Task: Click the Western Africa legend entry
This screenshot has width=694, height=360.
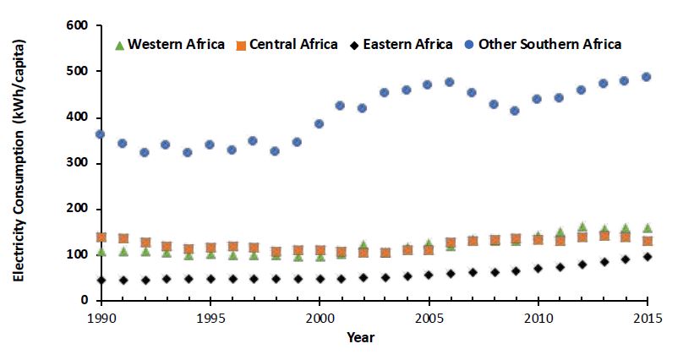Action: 169,43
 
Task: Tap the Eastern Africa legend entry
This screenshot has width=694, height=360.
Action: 402,43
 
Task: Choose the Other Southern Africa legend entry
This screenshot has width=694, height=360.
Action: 542,43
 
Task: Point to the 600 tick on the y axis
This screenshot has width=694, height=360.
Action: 79,26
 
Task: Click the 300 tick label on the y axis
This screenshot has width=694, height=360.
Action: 79,163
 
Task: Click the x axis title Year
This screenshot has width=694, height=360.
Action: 361,336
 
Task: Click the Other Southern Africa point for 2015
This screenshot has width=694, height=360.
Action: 647,77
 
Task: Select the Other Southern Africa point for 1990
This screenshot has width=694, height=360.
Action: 101,134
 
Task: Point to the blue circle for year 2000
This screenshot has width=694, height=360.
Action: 320,123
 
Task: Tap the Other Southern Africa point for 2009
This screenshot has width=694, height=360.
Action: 516,111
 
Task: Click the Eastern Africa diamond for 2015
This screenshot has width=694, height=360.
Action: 647,256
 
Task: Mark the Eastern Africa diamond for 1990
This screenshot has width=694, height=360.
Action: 101,280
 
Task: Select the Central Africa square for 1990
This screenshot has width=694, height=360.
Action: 101,237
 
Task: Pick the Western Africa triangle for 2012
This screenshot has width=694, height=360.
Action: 582,226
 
